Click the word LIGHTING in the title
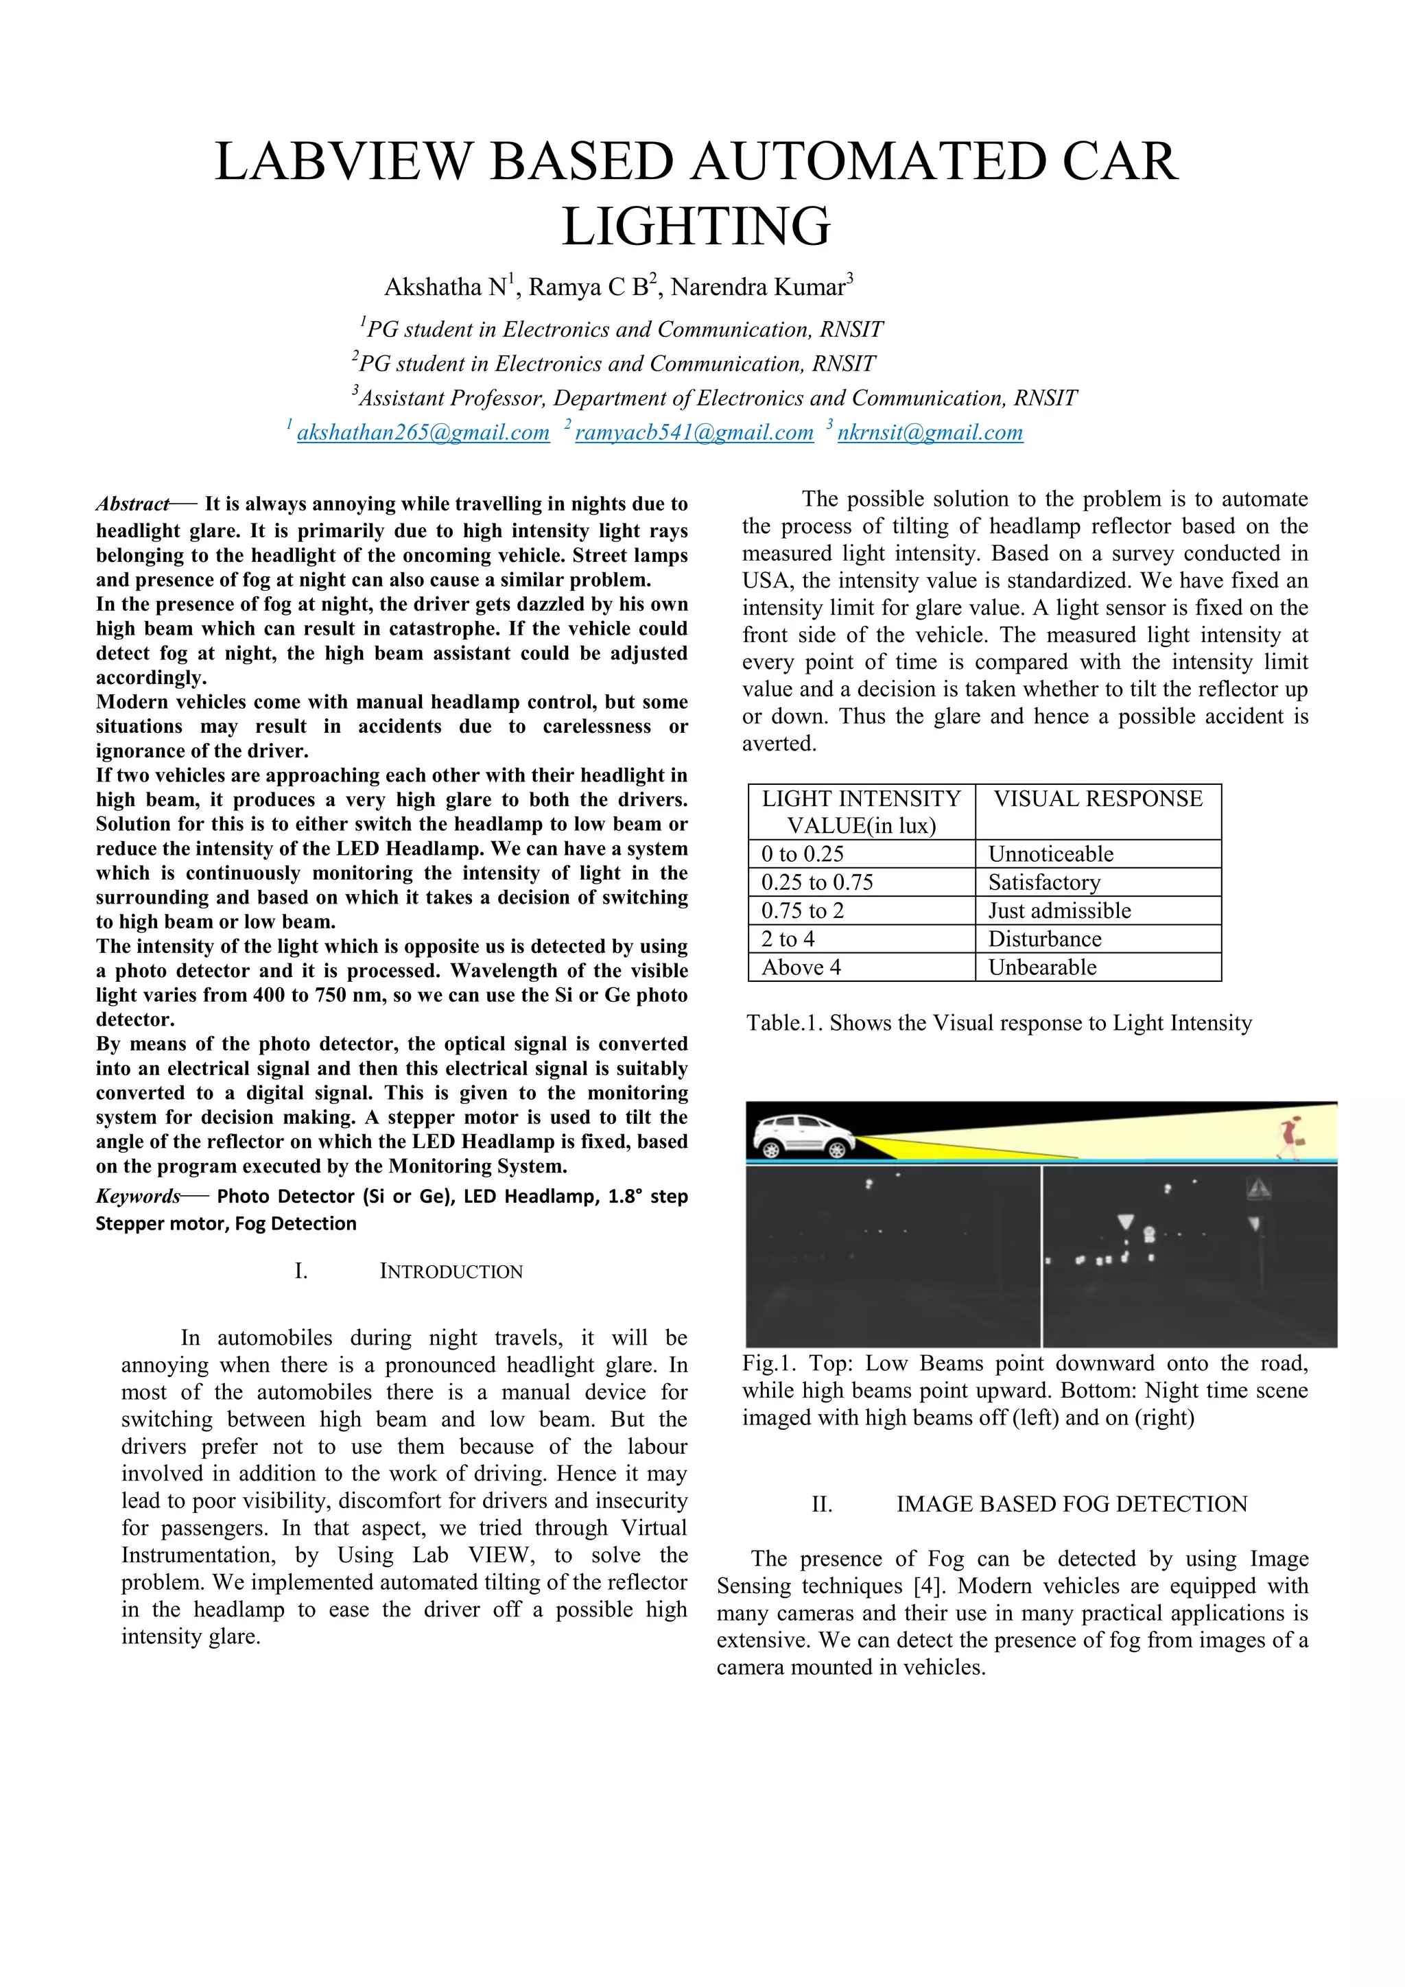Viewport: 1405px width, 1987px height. tap(696, 226)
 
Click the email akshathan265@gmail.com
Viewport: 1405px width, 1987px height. tap(423, 433)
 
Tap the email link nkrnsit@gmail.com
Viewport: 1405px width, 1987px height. tap(930, 433)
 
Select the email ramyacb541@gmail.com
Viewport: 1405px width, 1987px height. tap(694, 433)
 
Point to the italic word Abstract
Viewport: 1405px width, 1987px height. tap(132, 504)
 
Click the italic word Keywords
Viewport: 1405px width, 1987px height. tap(138, 1196)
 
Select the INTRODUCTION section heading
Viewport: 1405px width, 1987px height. tap(451, 1271)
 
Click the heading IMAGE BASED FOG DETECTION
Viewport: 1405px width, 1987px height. tap(1071, 1504)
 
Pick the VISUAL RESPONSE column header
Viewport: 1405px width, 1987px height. tap(1097, 799)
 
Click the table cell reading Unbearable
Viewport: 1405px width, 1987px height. tap(1043, 967)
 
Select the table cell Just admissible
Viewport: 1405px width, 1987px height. tap(1060, 910)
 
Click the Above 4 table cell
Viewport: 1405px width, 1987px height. tap(801, 967)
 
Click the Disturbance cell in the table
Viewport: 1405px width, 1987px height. tap(1045, 939)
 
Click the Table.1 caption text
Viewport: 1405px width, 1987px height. tap(998, 1023)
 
